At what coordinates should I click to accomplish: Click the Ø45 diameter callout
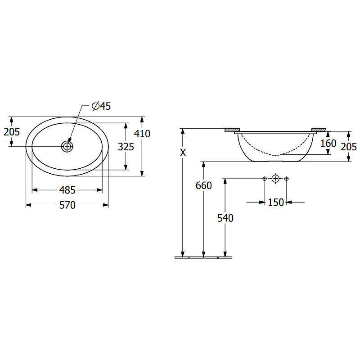[101, 106]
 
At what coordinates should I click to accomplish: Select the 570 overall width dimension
[67, 205]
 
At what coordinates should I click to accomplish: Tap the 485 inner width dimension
[67, 190]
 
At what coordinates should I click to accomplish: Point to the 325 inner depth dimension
[126, 147]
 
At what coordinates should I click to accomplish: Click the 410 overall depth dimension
[142, 134]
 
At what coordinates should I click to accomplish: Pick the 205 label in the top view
[12, 132]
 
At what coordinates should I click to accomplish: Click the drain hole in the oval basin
[67, 146]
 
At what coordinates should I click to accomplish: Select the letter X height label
[183, 153]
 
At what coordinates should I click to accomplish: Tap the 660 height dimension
[204, 185]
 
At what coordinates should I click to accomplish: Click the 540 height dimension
[225, 218]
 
